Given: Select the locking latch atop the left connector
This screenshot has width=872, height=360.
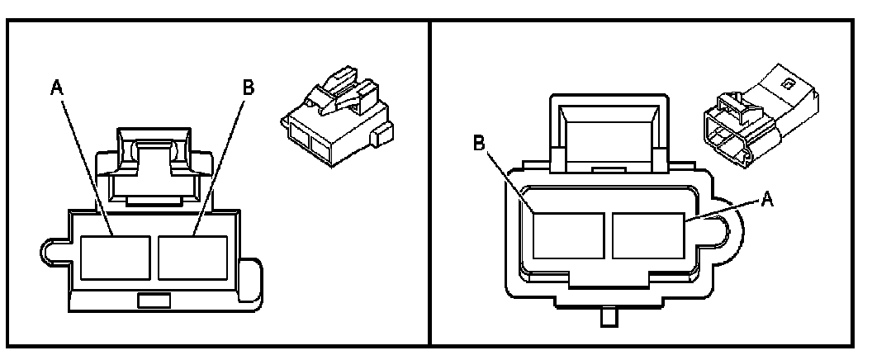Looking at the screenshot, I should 148,161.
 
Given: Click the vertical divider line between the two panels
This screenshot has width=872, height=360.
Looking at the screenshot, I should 429,182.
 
